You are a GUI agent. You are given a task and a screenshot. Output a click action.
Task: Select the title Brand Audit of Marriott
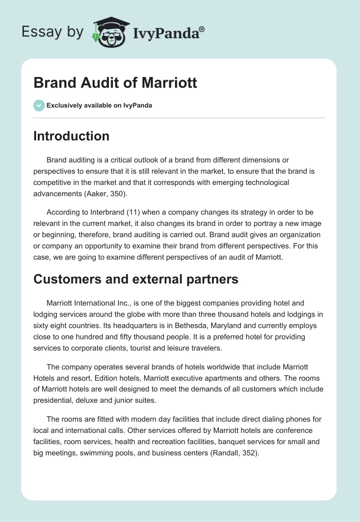tap(115, 83)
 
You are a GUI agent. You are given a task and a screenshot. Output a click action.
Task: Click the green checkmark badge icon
tap(39, 105)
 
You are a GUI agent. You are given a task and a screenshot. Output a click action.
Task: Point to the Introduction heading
tap(71, 136)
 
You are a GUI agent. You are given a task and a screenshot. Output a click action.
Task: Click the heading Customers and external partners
tap(135, 279)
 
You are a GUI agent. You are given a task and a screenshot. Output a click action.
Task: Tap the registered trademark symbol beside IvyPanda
tap(202, 29)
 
